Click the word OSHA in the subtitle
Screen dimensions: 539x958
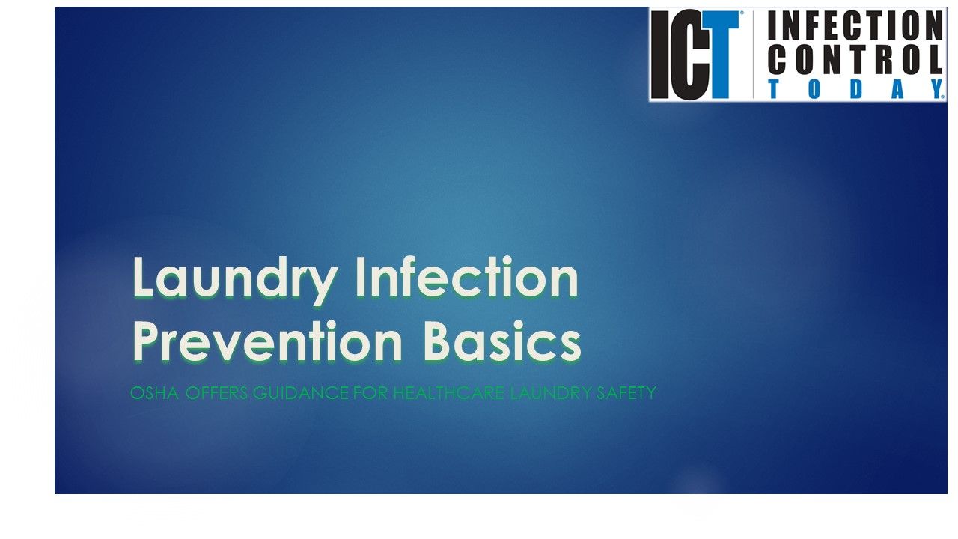coord(154,393)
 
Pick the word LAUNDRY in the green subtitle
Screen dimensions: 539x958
coord(548,393)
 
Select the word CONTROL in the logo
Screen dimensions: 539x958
coord(855,59)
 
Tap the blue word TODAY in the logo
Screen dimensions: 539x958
coord(855,89)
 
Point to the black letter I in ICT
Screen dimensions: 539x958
coord(659,56)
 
